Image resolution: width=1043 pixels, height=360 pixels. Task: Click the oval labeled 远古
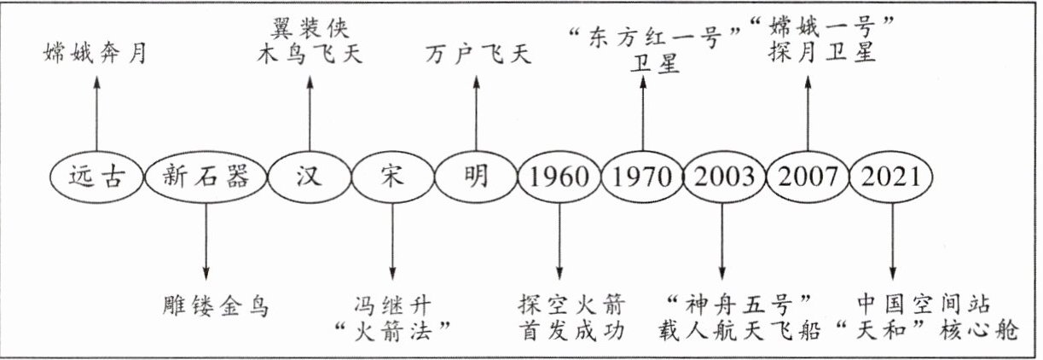coord(95,177)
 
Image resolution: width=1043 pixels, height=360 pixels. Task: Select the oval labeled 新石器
coord(206,177)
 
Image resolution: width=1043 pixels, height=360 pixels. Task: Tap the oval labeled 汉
coord(309,177)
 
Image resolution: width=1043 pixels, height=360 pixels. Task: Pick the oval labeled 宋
coord(392,177)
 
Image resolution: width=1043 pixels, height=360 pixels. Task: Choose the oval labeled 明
coord(475,177)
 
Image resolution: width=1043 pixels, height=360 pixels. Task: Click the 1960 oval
coord(559,177)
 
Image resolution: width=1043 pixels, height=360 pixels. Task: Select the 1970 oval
coord(641,177)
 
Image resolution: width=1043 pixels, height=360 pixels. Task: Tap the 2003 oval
coord(723,177)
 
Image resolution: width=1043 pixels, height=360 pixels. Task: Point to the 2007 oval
coord(808,177)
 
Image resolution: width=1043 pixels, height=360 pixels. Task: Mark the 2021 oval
coord(891,177)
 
